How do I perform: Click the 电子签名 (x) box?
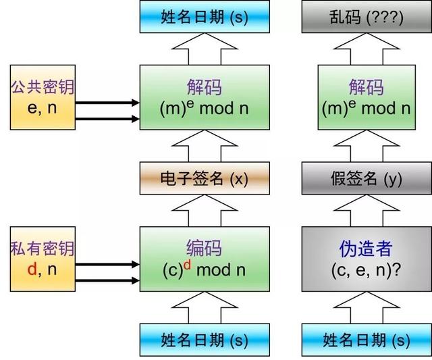[x=205, y=178]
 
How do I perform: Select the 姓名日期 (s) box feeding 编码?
[x=205, y=339]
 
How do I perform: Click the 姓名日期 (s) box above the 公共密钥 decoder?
[x=205, y=17]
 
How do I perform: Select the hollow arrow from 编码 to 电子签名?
[x=205, y=211]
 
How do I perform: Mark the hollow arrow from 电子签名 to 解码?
[x=205, y=145]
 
